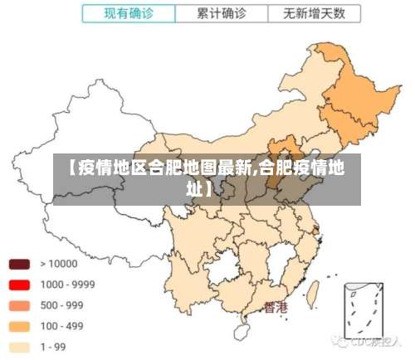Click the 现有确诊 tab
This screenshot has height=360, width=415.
click(x=129, y=13)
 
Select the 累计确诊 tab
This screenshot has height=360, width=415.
click(x=221, y=13)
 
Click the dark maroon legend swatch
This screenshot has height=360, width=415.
click(x=20, y=264)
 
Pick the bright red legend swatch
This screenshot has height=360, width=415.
click(x=20, y=285)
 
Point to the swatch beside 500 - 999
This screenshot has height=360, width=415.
click(x=20, y=305)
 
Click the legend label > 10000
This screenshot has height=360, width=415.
click(x=58, y=264)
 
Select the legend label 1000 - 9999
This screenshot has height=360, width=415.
click(x=67, y=285)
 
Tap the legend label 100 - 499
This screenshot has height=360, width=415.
click(x=62, y=326)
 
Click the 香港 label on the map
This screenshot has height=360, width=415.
click(x=276, y=307)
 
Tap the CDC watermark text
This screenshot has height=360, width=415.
click(x=365, y=341)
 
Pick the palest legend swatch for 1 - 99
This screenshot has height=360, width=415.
click(x=20, y=347)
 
